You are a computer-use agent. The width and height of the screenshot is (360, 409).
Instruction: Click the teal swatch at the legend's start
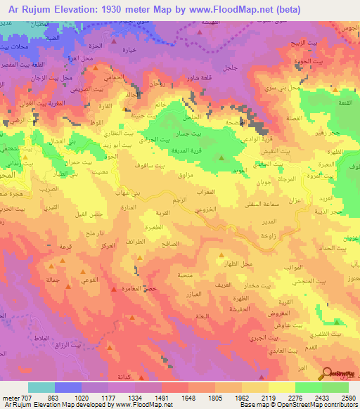point(41,387)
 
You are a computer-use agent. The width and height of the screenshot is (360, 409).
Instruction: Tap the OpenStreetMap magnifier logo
point(326,374)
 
